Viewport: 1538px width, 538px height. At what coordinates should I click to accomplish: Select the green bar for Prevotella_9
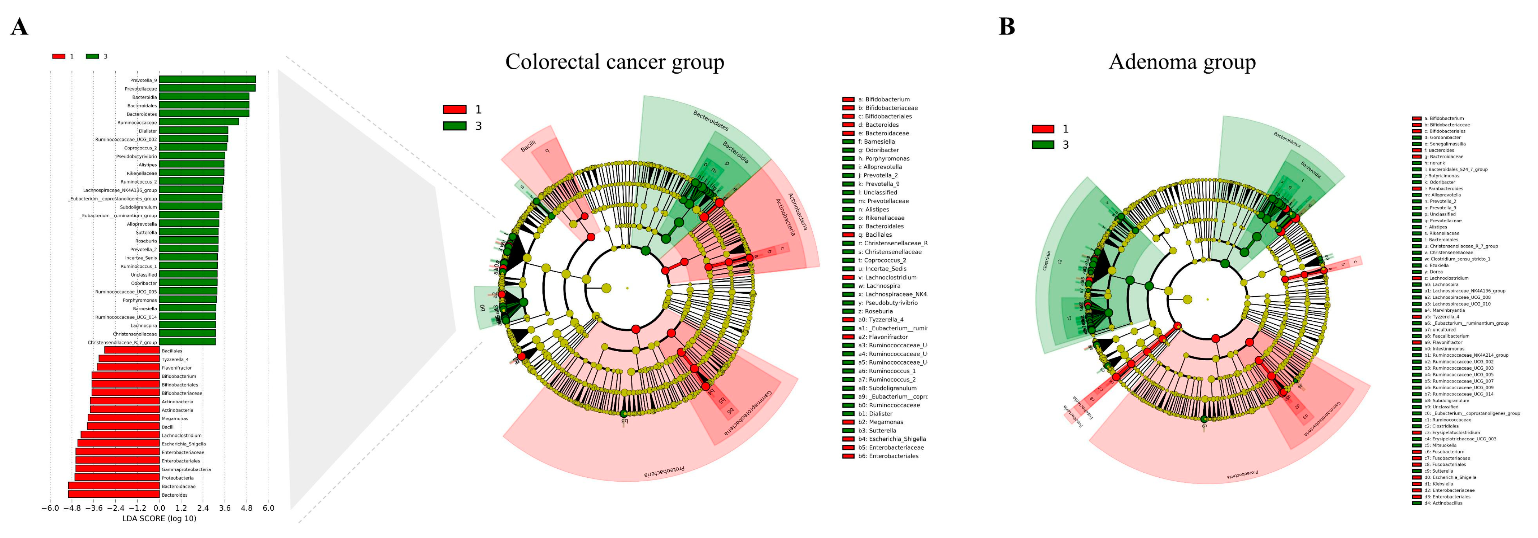(x=207, y=79)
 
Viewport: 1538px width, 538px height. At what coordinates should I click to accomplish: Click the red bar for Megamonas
(x=124, y=418)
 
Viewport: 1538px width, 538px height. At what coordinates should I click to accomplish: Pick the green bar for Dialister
(x=193, y=130)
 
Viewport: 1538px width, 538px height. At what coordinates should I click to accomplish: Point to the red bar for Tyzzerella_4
(x=129, y=359)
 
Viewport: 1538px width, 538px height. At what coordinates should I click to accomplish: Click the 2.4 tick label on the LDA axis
(x=203, y=508)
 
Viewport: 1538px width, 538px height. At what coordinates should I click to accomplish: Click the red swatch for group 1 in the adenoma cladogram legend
(x=1043, y=129)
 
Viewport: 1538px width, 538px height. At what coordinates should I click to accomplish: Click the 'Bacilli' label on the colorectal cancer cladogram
(x=528, y=146)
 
